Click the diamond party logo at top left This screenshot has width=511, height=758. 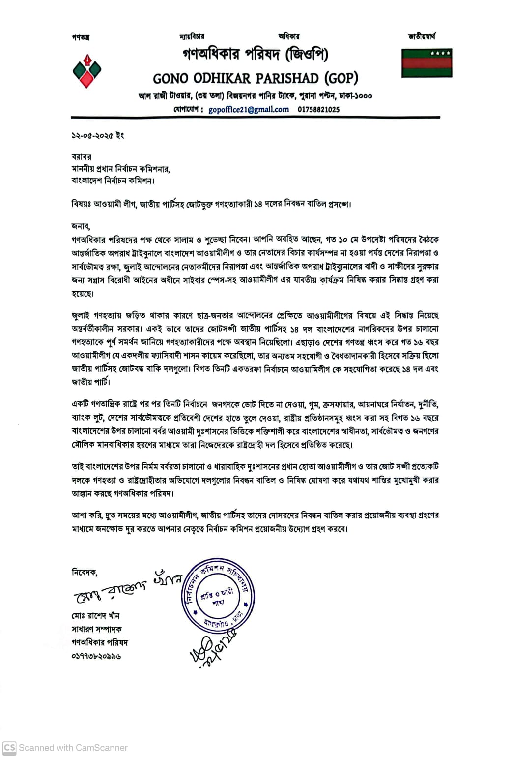coord(86,71)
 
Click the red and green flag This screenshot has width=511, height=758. coord(426,62)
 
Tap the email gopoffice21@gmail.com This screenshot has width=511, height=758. coord(249,109)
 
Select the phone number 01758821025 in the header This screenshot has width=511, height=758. coord(318,109)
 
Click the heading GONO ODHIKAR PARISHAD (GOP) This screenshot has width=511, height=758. coord(255,78)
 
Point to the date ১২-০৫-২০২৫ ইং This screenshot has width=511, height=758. coord(98,135)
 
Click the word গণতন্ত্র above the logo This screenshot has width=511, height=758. coord(81,37)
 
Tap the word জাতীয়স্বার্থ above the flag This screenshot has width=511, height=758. coord(422,36)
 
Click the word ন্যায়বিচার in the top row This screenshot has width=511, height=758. coord(192,36)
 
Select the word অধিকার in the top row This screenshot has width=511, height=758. coord(288,36)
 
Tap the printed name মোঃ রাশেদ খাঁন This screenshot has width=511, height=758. coord(96,616)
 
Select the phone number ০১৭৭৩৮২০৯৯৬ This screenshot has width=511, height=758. coord(96,656)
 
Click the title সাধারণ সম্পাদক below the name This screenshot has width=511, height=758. coord(97,629)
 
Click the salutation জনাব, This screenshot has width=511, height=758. coord(81,226)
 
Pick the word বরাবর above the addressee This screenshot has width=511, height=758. coord(82,157)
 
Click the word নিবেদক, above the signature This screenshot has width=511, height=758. coord(85,572)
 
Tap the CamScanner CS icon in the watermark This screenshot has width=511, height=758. coord(9,748)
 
